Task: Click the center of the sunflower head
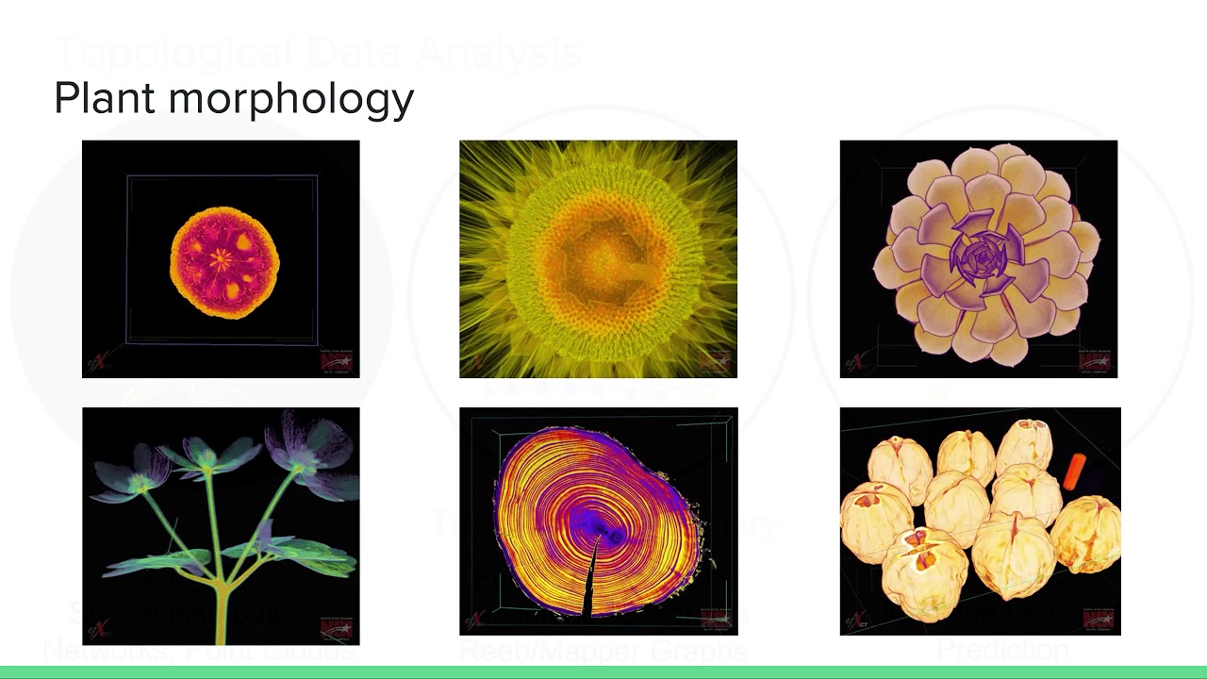click(599, 257)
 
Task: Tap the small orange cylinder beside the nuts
click(1075, 471)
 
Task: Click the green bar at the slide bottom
click(603, 671)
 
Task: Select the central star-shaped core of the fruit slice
click(223, 256)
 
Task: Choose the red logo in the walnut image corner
click(1099, 619)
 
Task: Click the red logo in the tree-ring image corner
click(716, 619)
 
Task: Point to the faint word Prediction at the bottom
click(1001, 650)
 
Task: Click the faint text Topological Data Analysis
click(317, 53)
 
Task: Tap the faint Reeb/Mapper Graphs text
click(603, 650)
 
